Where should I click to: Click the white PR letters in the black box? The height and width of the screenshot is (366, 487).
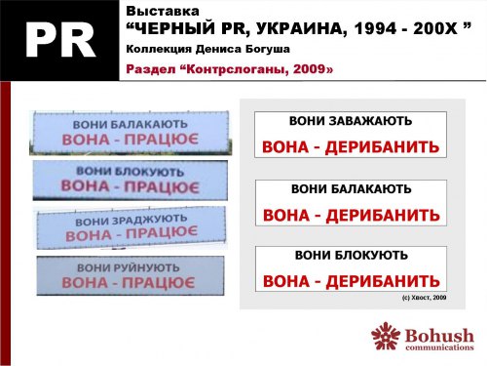pos(59,38)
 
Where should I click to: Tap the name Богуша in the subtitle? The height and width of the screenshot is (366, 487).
pos(262,48)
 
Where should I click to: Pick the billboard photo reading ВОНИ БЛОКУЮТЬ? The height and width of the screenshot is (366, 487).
pos(130,178)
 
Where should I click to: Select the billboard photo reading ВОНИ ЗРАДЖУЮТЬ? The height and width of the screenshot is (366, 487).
pos(130,225)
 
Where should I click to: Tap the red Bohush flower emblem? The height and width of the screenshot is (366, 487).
pos(386,337)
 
